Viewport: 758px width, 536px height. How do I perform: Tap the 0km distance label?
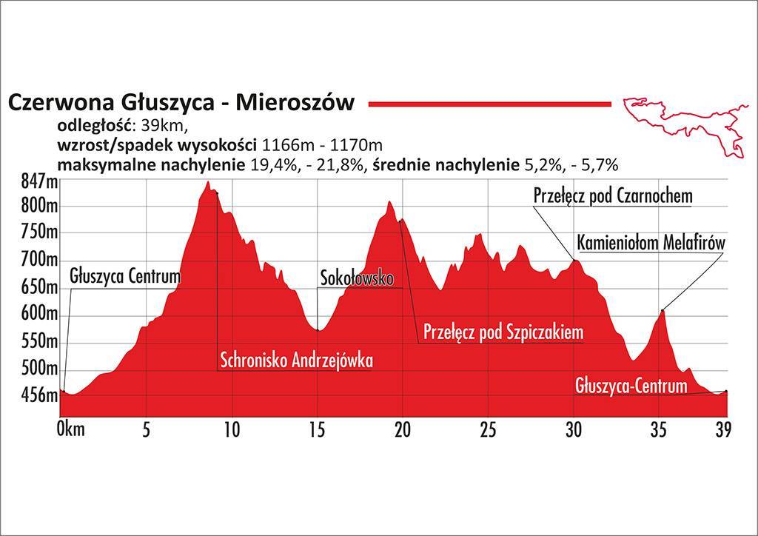[70, 429]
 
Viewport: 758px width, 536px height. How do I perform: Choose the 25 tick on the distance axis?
[487, 429]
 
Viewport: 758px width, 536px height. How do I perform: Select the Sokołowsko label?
[356, 278]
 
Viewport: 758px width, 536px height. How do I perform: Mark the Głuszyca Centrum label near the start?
[125, 278]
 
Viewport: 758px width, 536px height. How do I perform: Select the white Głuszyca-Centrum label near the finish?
[631, 386]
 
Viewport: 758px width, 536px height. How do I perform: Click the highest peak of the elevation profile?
[208, 182]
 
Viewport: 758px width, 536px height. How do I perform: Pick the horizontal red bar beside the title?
[489, 104]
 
